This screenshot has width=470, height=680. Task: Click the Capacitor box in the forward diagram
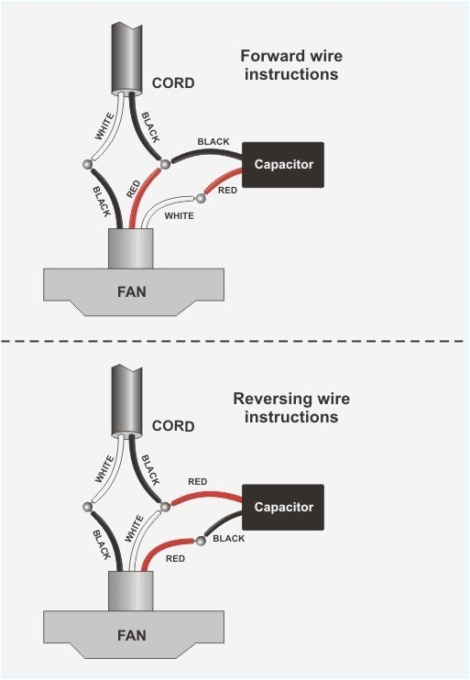pos(283,165)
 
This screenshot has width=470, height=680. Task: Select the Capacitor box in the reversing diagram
pos(283,507)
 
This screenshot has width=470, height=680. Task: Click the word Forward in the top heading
pos(269,56)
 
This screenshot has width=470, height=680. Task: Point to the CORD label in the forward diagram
pos(173,83)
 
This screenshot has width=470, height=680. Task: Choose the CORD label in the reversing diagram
pos(173,426)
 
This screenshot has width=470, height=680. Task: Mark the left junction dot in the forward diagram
pos(88,165)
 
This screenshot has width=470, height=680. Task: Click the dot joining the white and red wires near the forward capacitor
pos(199,198)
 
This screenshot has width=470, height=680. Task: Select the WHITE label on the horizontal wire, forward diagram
pos(179,216)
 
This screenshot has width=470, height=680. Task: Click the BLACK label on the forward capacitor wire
pos(213,143)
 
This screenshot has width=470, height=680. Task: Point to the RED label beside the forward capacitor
pos(227,190)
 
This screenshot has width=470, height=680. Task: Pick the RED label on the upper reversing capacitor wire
pos(197,481)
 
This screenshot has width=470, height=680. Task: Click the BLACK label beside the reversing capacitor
pos(229,539)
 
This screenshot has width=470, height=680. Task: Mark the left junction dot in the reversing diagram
pos(88,507)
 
